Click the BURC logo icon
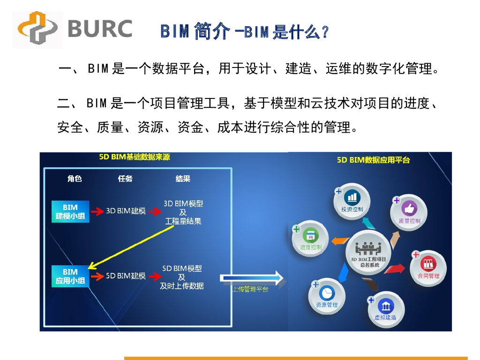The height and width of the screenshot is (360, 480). click(37, 30)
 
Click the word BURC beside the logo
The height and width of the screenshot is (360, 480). click(99, 29)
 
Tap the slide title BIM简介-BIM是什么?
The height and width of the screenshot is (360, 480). click(244, 32)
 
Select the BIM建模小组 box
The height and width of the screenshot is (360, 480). click(70, 212)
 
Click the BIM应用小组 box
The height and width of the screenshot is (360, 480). click(70, 276)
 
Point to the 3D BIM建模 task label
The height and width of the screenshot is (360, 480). click(126, 211)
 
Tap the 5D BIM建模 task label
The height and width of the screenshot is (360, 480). click(126, 276)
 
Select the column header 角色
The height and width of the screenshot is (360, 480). click(75, 179)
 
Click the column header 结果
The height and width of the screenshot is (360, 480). click(183, 179)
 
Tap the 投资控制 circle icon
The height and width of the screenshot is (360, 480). click(352, 200)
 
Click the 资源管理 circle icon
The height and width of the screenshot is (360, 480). click(327, 295)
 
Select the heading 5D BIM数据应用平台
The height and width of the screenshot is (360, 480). click(373, 160)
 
